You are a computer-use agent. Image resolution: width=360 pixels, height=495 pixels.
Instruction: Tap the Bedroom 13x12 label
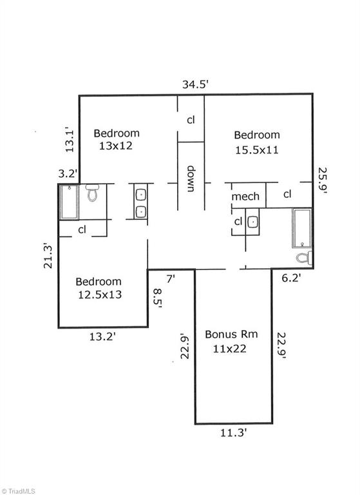116,140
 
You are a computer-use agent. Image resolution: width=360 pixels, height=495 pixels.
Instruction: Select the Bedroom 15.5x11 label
256,141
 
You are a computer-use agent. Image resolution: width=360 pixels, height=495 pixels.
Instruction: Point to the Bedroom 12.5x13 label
99,287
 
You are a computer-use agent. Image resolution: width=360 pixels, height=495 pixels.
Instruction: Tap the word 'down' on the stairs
191,179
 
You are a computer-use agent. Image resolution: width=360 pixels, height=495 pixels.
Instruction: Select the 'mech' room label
245,197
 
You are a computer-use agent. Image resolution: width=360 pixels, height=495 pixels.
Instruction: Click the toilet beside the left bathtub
92,193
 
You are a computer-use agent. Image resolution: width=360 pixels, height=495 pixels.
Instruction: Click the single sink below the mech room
253,222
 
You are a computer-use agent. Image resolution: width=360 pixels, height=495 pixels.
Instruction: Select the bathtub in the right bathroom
301,228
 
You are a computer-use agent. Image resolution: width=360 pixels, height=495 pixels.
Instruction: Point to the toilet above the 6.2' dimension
304,258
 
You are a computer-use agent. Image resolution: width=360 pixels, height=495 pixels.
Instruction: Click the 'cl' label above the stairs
191,120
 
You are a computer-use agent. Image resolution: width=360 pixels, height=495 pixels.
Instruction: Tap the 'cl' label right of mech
287,194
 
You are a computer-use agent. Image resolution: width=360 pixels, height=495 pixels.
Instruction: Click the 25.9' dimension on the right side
323,182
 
